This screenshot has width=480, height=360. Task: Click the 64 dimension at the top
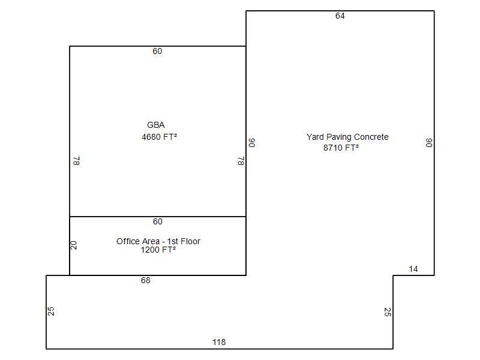pos(340,16)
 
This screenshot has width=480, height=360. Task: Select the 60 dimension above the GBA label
pos(157,51)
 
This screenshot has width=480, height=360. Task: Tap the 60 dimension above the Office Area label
pos(158,221)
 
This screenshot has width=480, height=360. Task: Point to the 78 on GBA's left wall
pos(77,161)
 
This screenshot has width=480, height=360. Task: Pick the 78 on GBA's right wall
pos(241,161)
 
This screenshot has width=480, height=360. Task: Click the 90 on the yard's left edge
pos(251,143)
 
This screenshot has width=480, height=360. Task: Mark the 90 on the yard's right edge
pos(429,143)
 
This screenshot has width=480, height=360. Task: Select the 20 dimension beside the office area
pos(74,245)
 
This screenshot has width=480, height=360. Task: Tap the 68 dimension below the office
pos(146,280)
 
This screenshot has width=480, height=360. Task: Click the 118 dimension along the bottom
pos(219,342)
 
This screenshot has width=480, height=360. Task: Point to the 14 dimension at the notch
pos(413,269)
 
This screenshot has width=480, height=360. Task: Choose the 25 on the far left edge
pos(51,311)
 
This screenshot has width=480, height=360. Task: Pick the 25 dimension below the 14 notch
pos(388,312)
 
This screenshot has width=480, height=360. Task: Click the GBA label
pos(156,125)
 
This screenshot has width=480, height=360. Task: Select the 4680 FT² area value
pos(159,137)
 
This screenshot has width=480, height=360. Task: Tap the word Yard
pos(315,137)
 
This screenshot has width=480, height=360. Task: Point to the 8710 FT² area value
pos(341,148)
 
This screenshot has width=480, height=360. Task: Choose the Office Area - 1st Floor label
pos(158,241)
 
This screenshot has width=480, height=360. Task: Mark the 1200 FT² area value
pos(158,250)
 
